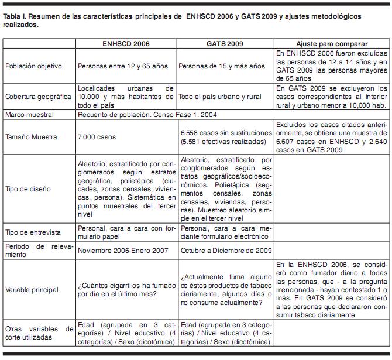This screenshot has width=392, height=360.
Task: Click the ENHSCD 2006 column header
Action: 125,44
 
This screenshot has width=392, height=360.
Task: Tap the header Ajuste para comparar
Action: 332,44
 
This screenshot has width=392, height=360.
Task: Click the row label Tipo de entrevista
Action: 33,232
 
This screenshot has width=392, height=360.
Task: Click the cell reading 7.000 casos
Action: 97,137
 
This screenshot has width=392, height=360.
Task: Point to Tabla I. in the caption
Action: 13,17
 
